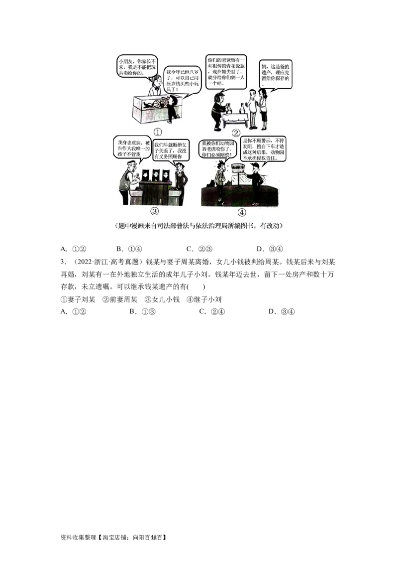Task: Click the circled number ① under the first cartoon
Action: (x=157, y=133)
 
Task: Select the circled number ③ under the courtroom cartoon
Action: (x=154, y=211)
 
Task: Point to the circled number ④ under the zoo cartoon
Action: (x=242, y=212)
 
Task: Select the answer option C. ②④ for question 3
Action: (x=212, y=311)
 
